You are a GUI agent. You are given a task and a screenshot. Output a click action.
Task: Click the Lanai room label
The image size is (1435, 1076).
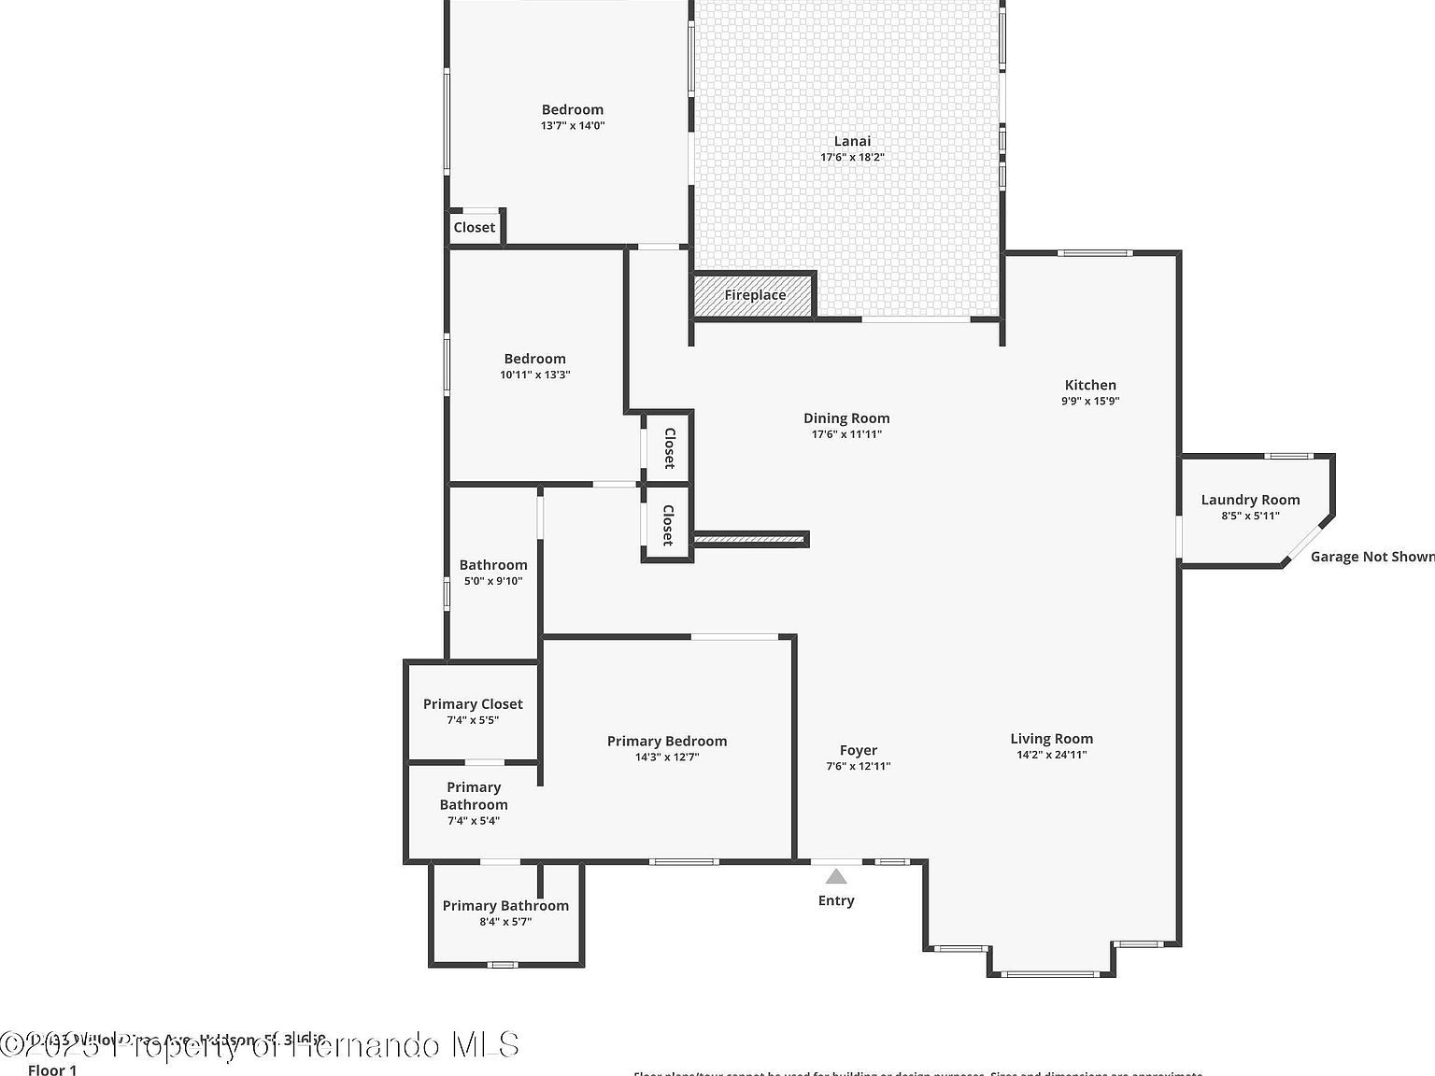[x=852, y=142]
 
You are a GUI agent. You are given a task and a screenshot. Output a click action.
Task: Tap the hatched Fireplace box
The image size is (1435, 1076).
[x=754, y=295]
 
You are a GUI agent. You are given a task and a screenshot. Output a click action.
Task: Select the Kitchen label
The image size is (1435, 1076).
[x=1090, y=385]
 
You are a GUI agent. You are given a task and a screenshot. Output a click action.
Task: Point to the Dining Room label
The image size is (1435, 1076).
[x=846, y=418]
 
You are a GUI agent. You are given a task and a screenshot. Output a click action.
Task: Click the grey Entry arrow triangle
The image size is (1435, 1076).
[x=836, y=876]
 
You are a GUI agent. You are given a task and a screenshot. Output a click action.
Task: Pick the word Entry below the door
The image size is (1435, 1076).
[x=836, y=900]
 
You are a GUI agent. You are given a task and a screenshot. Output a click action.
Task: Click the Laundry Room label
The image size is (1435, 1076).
[x=1250, y=500]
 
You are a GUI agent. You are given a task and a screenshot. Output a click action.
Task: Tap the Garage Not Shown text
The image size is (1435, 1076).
[x=1371, y=557]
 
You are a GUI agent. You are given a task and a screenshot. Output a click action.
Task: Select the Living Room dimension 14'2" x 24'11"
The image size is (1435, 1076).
[x=1052, y=755]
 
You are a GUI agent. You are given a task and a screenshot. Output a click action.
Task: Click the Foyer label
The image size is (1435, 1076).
[x=858, y=750]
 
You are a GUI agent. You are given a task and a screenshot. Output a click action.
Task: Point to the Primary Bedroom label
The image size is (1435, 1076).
[x=667, y=741]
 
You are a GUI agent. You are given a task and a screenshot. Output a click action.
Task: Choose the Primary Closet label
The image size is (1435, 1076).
[x=473, y=704]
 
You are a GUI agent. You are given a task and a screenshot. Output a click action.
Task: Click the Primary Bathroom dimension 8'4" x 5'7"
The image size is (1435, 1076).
[x=505, y=922]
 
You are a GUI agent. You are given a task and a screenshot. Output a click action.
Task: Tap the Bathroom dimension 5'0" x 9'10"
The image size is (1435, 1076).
[x=493, y=581]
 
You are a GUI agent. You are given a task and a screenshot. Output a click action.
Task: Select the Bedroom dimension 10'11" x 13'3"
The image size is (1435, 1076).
[x=535, y=375]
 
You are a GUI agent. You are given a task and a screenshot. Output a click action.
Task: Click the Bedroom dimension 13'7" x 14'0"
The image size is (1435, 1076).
[x=573, y=125]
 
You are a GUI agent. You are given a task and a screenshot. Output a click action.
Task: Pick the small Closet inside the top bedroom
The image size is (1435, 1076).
[x=475, y=227]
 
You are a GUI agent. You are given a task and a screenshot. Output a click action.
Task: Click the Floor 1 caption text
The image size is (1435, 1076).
[x=52, y=1069]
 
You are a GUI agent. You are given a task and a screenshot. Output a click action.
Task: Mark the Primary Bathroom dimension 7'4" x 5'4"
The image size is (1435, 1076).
[x=474, y=821]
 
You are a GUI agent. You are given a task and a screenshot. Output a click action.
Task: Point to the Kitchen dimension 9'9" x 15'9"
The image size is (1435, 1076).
[x=1090, y=401]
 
